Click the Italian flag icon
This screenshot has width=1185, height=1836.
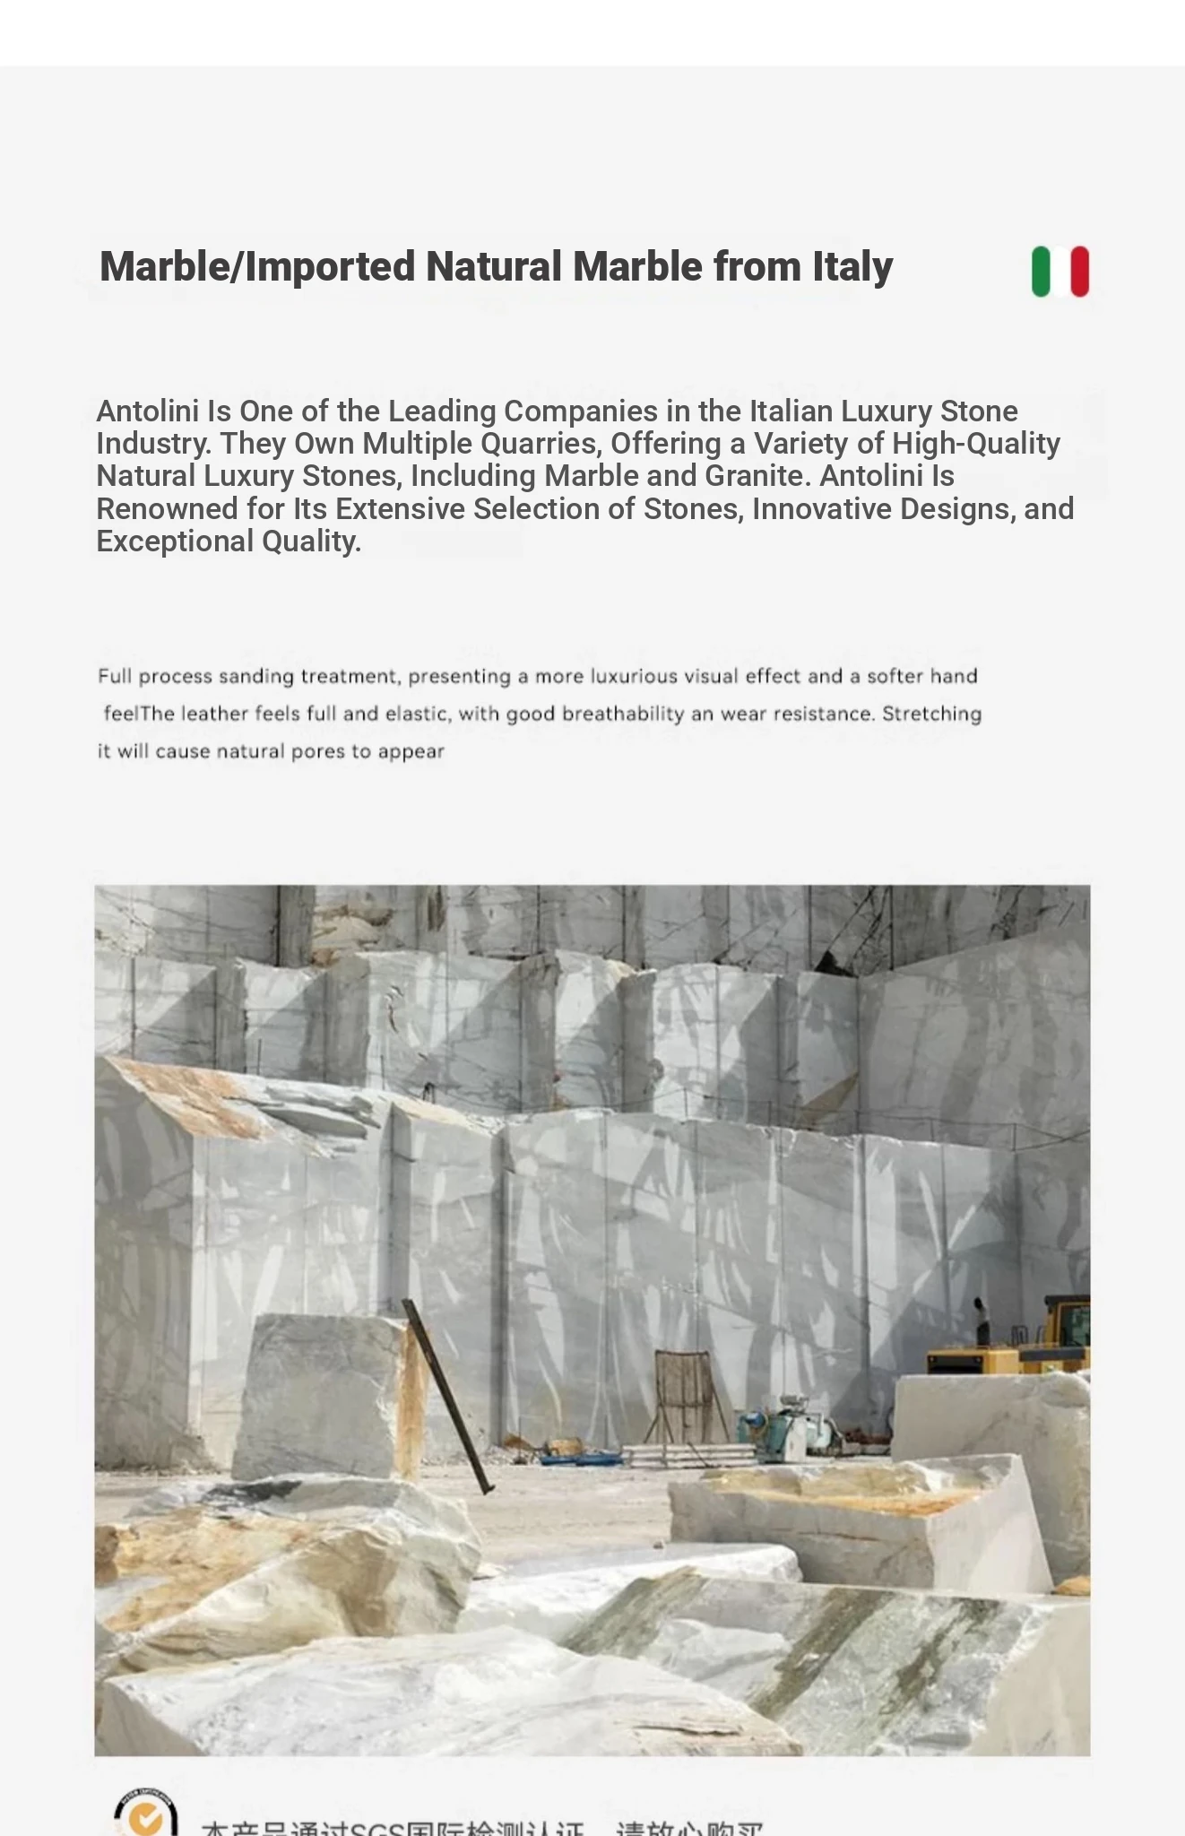1060,271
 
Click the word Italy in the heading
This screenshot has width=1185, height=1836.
852,267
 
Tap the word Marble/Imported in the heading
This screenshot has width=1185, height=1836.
257,267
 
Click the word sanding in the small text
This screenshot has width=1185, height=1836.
256,677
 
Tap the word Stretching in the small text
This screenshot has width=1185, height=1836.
931,714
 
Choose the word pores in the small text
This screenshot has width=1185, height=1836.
316,752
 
